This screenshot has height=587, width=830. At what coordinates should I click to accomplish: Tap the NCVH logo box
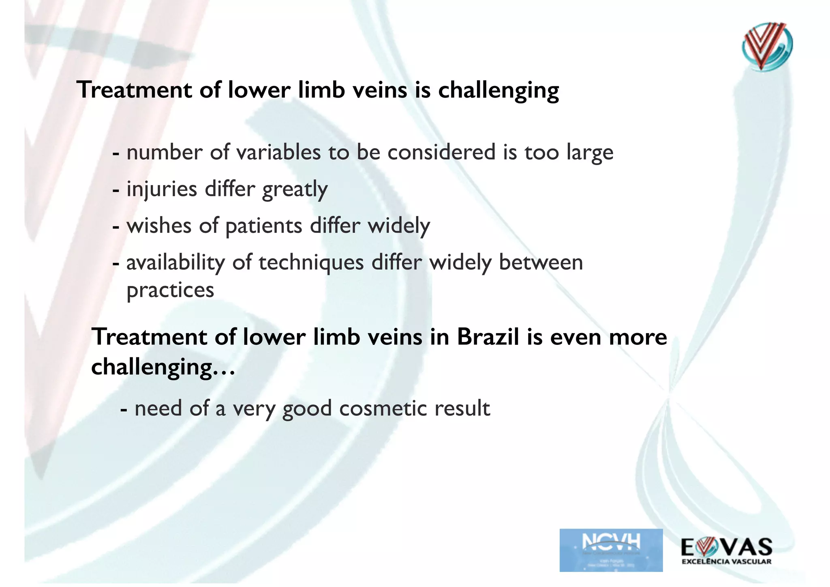tap(611, 550)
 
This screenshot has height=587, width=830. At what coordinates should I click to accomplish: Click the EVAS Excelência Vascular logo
tap(727, 550)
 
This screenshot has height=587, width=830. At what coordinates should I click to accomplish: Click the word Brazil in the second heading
tap(488, 337)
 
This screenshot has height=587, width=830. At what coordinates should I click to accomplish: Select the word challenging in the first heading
tap(498, 90)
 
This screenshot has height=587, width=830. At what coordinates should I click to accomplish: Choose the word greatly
tap(295, 189)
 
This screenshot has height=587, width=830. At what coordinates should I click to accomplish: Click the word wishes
tap(159, 226)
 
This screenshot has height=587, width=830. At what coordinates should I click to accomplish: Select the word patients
tap(263, 226)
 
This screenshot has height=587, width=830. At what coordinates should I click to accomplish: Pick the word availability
tap(175, 262)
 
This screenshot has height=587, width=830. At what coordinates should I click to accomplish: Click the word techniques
tap(311, 262)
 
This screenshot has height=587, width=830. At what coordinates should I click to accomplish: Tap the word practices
tap(170, 290)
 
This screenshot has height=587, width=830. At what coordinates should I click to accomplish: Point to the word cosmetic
tap(383, 408)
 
